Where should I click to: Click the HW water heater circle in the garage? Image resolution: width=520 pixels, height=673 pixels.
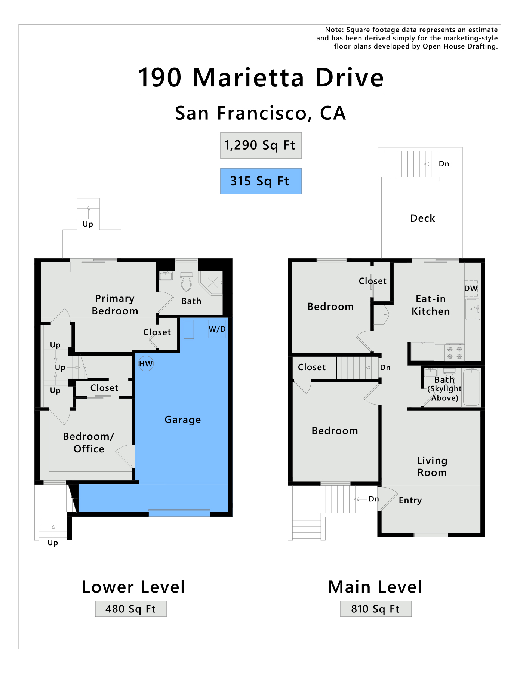point(146,364)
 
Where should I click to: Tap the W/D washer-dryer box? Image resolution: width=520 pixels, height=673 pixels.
point(217,329)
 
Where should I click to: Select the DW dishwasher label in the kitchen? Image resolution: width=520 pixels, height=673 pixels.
point(471,288)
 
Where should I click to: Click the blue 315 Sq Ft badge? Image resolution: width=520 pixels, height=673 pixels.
point(261,181)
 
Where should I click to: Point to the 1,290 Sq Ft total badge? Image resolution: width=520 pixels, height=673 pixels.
point(261,145)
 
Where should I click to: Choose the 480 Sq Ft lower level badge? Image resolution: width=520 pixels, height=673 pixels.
point(131,609)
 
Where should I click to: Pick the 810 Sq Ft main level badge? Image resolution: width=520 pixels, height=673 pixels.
point(376,609)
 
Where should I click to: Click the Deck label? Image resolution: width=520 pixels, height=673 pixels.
point(423,218)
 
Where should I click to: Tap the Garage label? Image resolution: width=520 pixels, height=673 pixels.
point(183,420)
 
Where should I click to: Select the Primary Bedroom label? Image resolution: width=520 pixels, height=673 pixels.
point(115,305)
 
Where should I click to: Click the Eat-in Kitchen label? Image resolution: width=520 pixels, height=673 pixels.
point(431,305)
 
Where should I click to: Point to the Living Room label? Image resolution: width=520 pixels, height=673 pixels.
point(432,467)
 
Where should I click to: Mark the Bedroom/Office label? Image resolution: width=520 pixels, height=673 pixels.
point(89,443)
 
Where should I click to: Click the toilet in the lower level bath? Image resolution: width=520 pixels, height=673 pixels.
point(186,282)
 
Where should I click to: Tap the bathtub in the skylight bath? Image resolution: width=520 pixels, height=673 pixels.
point(471,387)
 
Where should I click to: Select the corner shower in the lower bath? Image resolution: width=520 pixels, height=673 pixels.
point(211,283)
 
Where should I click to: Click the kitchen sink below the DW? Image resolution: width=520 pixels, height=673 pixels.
point(473,309)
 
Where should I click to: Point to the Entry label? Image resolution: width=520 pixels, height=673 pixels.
point(410,500)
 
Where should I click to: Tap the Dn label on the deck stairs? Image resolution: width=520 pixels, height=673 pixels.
point(444,164)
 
